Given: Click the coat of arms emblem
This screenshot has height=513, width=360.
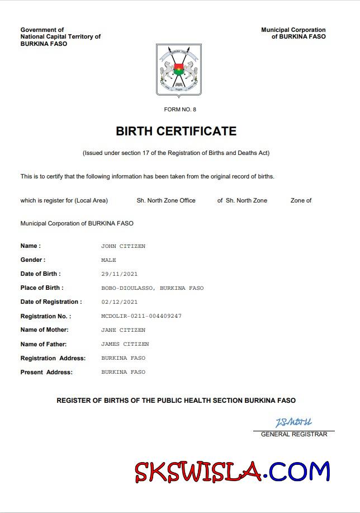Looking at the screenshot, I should pyautogui.click(x=178, y=70).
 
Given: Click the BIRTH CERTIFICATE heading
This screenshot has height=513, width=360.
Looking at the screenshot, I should pyautogui.click(x=176, y=131).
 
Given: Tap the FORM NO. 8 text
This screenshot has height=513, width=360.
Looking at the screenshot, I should pyautogui.click(x=180, y=110).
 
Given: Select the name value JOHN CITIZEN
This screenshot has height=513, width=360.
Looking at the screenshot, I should pyautogui.click(x=123, y=246).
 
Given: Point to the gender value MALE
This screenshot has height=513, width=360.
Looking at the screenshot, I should pyautogui.click(x=108, y=260).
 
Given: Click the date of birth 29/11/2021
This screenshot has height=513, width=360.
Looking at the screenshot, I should pyautogui.click(x=119, y=274).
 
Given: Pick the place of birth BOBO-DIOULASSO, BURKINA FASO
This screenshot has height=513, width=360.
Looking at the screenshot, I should pyautogui.click(x=152, y=288).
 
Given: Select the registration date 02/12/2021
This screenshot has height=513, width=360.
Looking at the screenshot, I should pyautogui.click(x=119, y=302).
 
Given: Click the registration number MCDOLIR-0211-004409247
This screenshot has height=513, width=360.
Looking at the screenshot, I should pyautogui.click(x=141, y=316).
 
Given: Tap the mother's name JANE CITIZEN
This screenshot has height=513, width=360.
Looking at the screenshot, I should pyautogui.click(x=123, y=330).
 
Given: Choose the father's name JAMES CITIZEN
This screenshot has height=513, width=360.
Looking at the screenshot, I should pyautogui.click(x=125, y=344).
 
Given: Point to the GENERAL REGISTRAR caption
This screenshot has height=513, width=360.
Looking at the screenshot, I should pyautogui.click(x=294, y=434).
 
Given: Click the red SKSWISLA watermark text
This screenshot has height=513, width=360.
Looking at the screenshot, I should pyautogui.click(x=198, y=472).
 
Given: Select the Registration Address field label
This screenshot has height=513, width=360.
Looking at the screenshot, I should pyautogui.click(x=53, y=358).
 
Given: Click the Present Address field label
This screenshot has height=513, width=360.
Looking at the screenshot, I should pyautogui.click(x=46, y=372).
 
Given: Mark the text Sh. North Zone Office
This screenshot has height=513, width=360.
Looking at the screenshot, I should pyautogui.click(x=166, y=200).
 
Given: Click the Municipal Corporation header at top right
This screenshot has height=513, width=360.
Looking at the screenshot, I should pyautogui.click(x=293, y=33).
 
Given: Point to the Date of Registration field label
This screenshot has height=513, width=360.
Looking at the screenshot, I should pyautogui.click(x=51, y=302).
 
